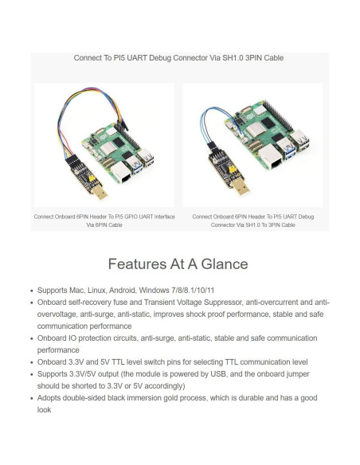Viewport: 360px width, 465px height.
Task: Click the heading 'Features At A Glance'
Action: click(x=178, y=264)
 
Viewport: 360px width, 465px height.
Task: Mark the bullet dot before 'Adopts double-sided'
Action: click(x=30, y=397)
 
